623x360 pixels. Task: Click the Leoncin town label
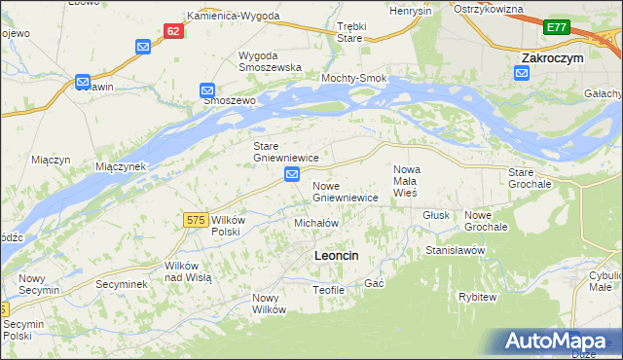(x=336, y=255)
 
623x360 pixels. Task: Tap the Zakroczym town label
(x=552, y=58)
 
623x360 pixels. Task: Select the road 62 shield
(x=173, y=31)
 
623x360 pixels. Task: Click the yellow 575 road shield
(x=195, y=221)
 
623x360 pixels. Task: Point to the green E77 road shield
(x=557, y=28)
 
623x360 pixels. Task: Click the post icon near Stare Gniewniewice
(x=292, y=174)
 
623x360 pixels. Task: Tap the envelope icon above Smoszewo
(x=207, y=90)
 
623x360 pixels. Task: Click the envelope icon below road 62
(x=143, y=46)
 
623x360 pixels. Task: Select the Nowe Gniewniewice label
(x=345, y=191)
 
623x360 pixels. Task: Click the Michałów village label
(x=315, y=223)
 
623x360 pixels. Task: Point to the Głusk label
(x=435, y=215)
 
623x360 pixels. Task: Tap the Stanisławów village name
(x=455, y=250)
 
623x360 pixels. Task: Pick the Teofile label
(x=329, y=290)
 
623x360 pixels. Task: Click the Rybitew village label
(x=478, y=297)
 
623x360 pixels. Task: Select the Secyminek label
(x=121, y=285)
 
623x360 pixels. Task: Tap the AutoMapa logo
(x=560, y=341)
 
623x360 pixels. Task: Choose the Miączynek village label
(x=121, y=166)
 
